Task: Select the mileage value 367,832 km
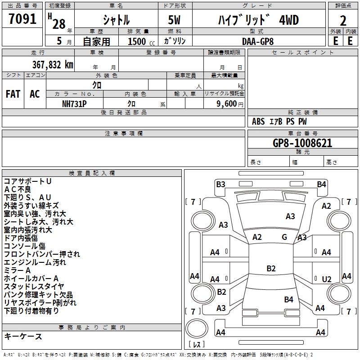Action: click(53, 64)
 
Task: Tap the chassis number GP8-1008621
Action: click(303, 143)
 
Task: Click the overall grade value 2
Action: click(343, 20)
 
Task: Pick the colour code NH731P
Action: click(75, 103)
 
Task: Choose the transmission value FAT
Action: click(13, 94)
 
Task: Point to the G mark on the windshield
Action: click(284, 237)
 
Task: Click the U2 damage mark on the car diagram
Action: click(327, 279)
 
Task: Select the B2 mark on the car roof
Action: click(271, 269)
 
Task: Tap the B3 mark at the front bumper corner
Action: click(220, 184)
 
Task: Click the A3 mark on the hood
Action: click(290, 216)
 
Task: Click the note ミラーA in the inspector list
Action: click(17, 270)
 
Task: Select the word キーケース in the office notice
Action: click(23, 337)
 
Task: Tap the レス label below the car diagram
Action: click(198, 345)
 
